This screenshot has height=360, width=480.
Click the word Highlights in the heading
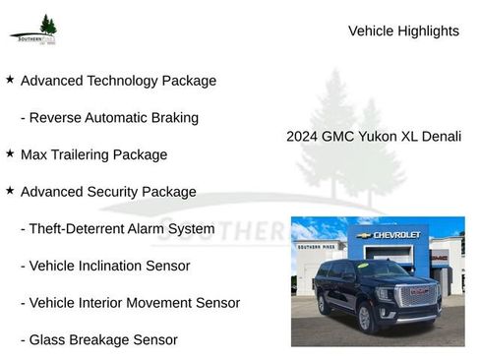427,30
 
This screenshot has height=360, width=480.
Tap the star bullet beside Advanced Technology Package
10,79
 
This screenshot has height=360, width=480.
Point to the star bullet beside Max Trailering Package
10,153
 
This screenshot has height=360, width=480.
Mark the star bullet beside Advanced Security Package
10,190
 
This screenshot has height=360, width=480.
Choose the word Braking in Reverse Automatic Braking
173,118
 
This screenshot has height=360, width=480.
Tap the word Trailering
85,154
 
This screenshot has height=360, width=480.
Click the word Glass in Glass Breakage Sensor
49,339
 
